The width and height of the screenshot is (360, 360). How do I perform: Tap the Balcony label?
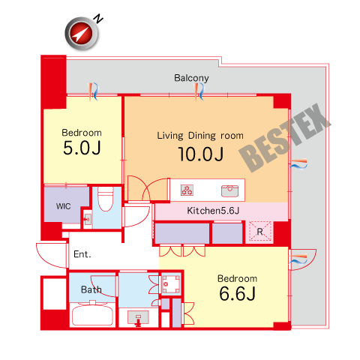191,78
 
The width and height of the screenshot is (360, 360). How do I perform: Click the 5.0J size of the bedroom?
82,148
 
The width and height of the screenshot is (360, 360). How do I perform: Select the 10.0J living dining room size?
201,154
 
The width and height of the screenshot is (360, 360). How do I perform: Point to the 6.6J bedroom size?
237,293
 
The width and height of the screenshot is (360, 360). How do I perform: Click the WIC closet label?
63,206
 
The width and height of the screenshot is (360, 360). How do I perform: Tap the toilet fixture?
106,199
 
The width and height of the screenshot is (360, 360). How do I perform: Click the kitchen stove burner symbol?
187,190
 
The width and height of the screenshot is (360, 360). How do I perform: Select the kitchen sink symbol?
229,190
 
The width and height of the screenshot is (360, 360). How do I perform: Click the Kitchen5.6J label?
213,211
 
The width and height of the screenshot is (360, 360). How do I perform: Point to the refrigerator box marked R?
260,231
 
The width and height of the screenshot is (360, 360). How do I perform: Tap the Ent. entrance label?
82,254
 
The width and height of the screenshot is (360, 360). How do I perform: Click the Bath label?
91,289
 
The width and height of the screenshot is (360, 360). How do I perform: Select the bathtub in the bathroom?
92,314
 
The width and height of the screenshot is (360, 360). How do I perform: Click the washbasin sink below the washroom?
138,317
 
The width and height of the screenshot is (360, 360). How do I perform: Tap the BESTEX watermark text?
285,138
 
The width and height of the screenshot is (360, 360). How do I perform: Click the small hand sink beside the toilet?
87,220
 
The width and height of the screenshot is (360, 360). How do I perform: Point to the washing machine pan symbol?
171,284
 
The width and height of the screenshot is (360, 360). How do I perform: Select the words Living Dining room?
200,136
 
